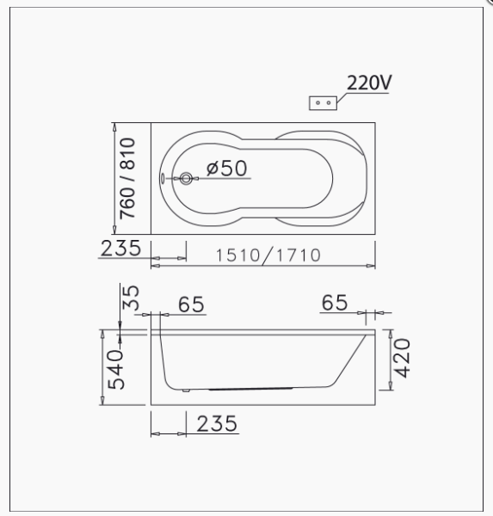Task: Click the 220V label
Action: pos(369,83)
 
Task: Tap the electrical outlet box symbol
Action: pos(323,103)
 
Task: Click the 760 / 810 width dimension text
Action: pos(127,178)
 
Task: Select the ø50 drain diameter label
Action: pos(226,169)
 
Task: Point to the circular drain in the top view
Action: pos(186,178)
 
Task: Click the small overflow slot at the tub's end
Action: pos(162,178)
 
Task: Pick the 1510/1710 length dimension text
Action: pos(268,255)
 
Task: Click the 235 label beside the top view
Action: pos(120,249)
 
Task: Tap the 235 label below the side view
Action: pos(217,423)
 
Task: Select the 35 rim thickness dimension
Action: pos(131,298)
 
